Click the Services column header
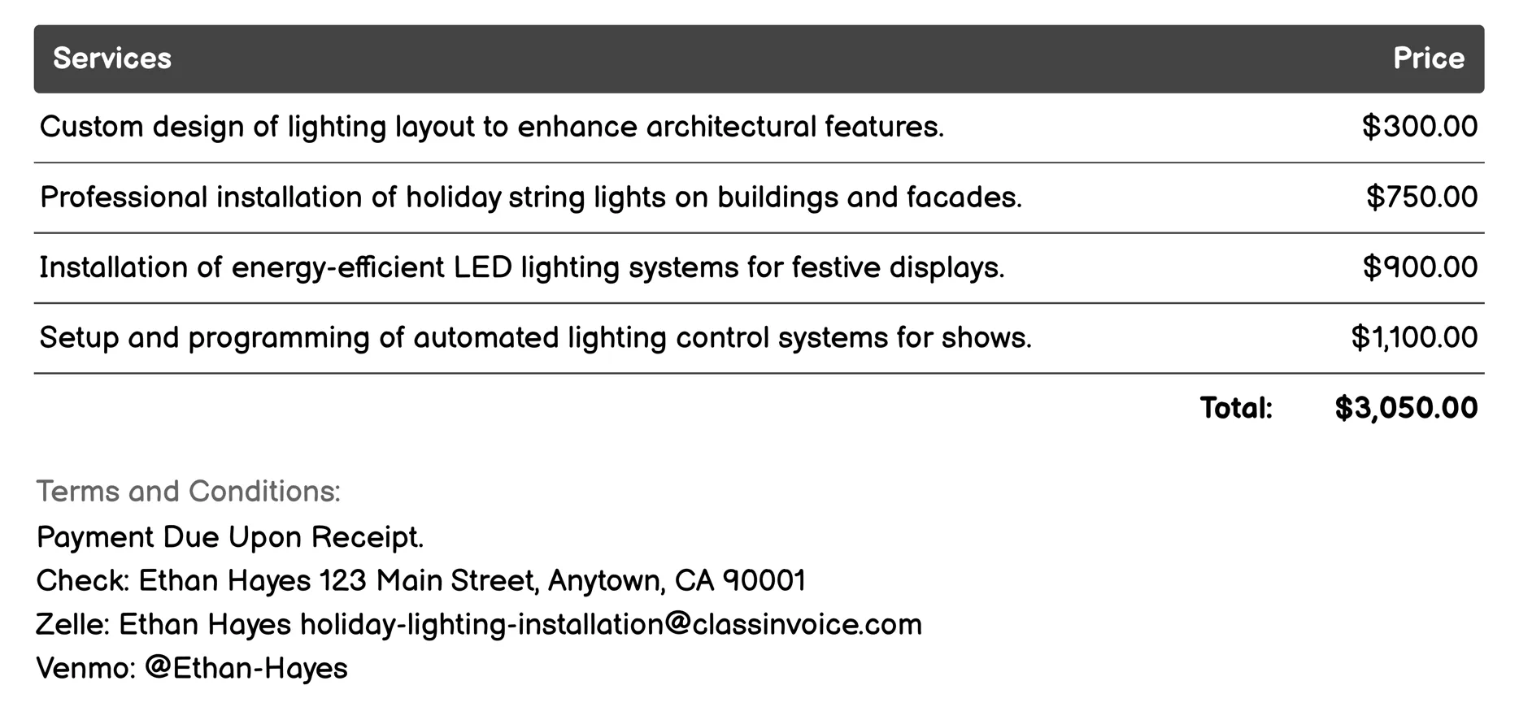[x=112, y=59]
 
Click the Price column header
[x=1428, y=59]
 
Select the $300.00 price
[x=1420, y=127]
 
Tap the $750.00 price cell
[x=1421, y=197]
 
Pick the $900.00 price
[x=1420, y=267]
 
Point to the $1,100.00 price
[x=1414, y=337]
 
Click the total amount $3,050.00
[x=1406, y=408]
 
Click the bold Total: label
[x=1236, y=408]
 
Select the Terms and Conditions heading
[x=189, y=492]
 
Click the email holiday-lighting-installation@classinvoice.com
[x=611, y=625]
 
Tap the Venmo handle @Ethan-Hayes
[x=246, y=668]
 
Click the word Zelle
[x=72, y=625]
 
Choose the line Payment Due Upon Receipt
[x=230, y=537]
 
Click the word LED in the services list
[x=482, y=267]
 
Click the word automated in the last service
[x=485, y=337]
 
